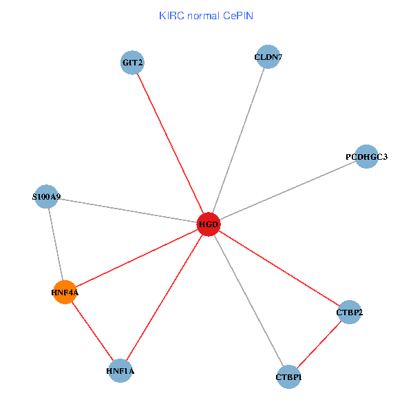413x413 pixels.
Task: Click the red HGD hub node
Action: pos(209,224)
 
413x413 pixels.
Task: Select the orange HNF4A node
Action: pos(64,292)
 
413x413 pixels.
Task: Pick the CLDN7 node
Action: pos(268,57)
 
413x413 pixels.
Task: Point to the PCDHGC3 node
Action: pos(366,156)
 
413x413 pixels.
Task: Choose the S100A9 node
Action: pos(45,196)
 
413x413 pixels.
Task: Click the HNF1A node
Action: pos(120,371)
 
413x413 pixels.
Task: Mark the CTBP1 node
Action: pos(288,377)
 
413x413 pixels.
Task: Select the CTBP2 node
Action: pos(350,313)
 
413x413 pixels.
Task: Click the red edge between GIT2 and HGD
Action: pos(170,143)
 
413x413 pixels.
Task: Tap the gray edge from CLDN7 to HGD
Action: pos(238,140)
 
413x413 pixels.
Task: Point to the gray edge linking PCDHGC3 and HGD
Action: pos(287,190)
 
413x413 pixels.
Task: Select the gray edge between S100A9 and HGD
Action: pos(127,210)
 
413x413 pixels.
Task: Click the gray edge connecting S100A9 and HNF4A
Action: pos(54,244)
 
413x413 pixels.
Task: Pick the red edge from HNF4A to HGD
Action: pos(136,258)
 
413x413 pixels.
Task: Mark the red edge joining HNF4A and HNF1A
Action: pos(92,331)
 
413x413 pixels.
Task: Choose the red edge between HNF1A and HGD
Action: pos(164,297)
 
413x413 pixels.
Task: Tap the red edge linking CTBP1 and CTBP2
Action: pos(319,344)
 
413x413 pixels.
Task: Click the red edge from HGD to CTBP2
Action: pos(279,268)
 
